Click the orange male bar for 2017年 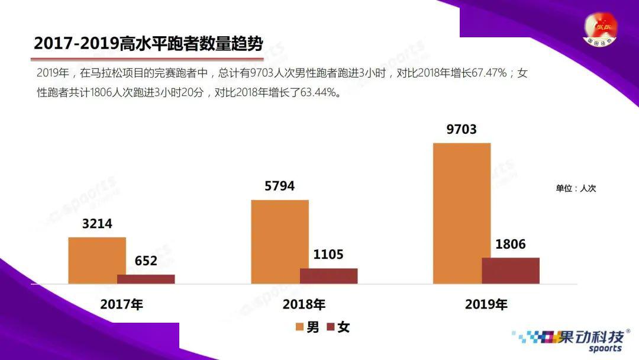point(97,260)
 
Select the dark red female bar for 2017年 point(146,279)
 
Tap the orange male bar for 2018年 point(279,242)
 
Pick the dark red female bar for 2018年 point(329,275)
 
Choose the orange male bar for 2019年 point(461,213)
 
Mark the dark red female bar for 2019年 point(511,271)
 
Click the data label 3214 point(97,223)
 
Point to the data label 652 point(146,261)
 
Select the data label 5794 point(279,186)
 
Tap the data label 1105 point(328,255)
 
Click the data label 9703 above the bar point(461,129)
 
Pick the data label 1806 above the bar point(511,244)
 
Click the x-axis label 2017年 point(121,304)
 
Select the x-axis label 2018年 point(304,304)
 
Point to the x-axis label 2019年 point(486,304)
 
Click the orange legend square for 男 point(299,327)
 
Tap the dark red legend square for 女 point(331,327)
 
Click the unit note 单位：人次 point(576,188)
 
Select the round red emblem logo point(600,30)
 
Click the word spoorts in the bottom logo point(605,349)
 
